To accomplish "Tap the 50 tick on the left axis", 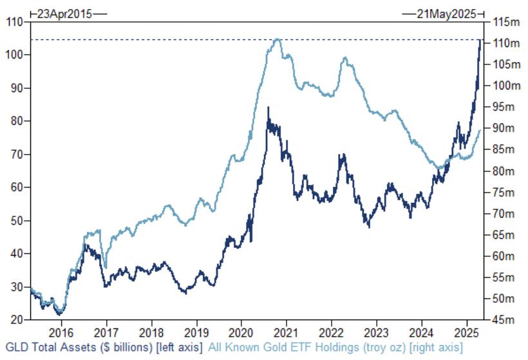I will pos(15,220).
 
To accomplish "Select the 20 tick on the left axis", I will pos(15,319).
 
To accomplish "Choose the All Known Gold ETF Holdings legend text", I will pos(334,348).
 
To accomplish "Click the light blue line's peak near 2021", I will pos(278,39).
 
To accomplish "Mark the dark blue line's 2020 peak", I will pos(268,108).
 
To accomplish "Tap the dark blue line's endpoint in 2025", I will pos(480,41).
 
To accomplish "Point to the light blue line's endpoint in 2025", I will pos(480,131).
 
